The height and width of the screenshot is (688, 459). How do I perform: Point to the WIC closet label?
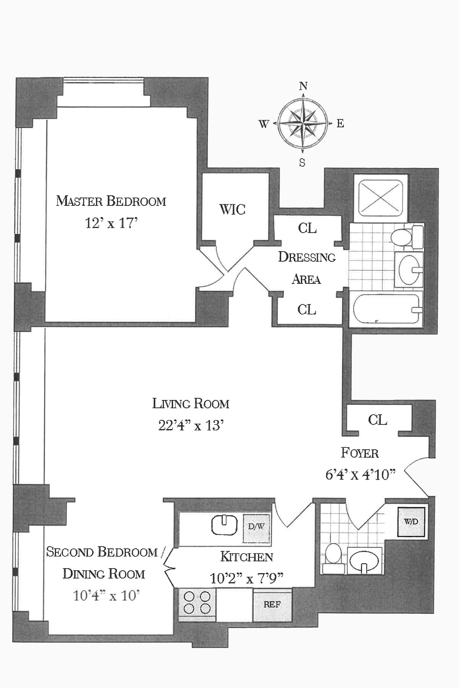coord(232,209)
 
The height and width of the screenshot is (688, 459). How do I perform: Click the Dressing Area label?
coord(307,268)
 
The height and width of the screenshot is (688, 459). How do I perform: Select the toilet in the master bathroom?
coord(405,237)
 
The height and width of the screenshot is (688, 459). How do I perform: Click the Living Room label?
coord(190,404)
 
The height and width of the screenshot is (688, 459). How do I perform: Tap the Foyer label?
coord(360,453)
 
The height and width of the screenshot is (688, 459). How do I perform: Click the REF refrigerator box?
coord(272,604)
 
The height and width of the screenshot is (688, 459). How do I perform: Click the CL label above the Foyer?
coord(378,420)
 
